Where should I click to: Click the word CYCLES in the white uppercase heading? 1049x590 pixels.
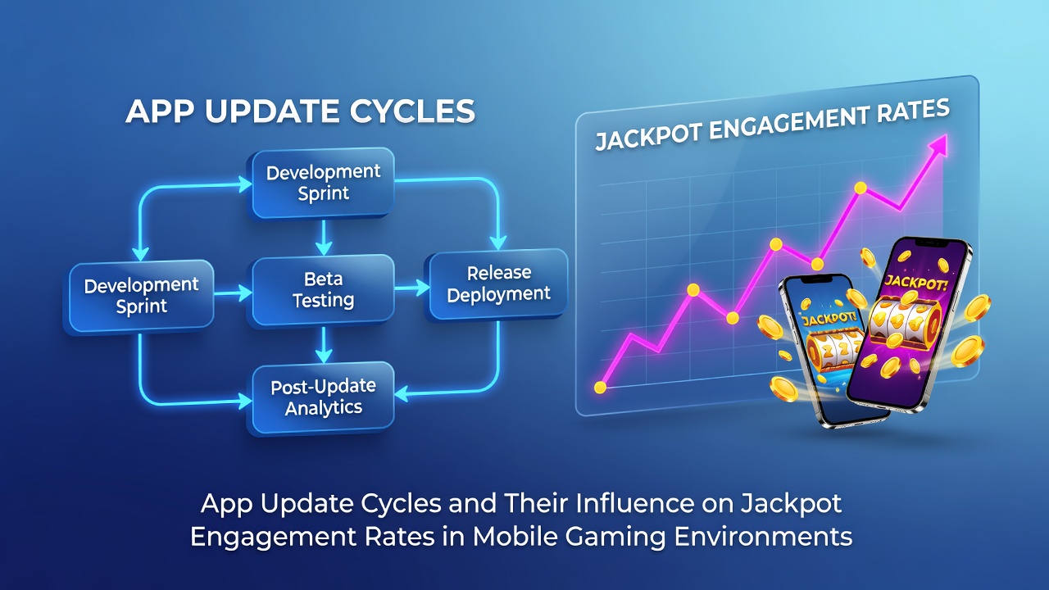pos(412,111)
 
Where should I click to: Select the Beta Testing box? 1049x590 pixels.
pos(323,290)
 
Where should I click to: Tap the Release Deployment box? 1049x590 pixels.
pos(498,284)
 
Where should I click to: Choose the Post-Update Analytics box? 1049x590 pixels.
pos(323,397)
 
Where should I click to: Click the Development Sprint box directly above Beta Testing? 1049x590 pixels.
pos(323,183)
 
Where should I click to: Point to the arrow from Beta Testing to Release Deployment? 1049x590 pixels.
pos(412,288)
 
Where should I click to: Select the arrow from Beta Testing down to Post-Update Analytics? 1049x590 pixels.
pos(324,344)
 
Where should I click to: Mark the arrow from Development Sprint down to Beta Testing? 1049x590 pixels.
pos(324,238)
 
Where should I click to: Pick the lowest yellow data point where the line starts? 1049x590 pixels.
pos(600,388)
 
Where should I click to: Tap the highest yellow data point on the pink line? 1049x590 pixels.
pos(861,188)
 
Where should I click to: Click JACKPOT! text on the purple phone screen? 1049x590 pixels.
pos(915,283)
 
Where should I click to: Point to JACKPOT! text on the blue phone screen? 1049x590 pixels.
pos(829,319)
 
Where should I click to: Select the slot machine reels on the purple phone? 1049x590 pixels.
pos(905,323)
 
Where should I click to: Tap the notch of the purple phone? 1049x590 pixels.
pos(933,243)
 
